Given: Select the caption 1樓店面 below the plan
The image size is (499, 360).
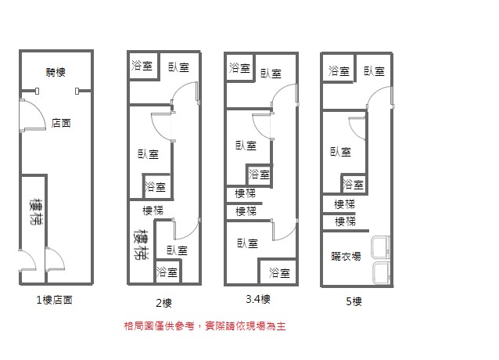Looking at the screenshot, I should pyautogui.click(x=55, y=300).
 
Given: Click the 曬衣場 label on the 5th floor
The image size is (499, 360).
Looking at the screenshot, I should pyautogui.click(x=346, y=256).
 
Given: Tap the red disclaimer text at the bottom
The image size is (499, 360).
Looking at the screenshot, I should pyautogui.click(x=205, y=325).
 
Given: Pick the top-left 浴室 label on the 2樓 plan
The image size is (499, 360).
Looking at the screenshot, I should pyautogui.click(x=142, y=66).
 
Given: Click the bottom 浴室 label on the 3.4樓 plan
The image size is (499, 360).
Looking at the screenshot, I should pyautogui.click(x=279, y=272).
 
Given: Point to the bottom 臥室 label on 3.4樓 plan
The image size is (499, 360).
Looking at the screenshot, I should pyautogui.click(x=246, y=243).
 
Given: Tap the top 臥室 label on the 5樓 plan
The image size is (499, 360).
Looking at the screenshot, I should pyautogui.click(x=374, y=71).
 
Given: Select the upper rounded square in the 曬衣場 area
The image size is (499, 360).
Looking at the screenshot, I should pyautogui.click(x=382, y=247).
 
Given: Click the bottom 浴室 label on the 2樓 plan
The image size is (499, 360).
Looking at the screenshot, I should pyautogui.click(x=167, y=272).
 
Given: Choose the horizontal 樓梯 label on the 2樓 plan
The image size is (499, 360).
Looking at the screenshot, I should pyautogui.click(x=153, y=210).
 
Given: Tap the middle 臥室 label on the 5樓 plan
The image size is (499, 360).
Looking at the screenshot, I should pyautogui.click(x=340, y=151).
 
